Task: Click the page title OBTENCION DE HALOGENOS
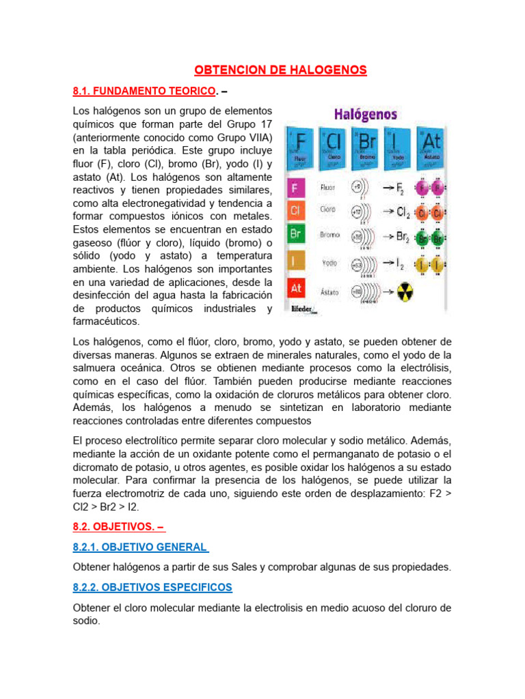click(x=281, y=70)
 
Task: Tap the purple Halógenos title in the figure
click(x=365, y=114)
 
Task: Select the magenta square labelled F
click(x=295, y=187)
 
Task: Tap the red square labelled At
click(x=295, y=289)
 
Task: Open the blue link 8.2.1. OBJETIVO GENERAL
click(x=139, y=547)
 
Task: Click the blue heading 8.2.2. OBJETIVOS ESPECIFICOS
click(x=152, y=587)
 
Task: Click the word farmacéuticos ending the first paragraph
click(x=106, y=321)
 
